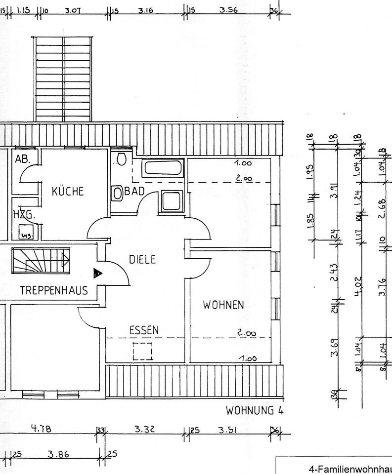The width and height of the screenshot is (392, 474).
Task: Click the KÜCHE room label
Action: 68,191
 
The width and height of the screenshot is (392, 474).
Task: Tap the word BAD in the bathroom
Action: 134,192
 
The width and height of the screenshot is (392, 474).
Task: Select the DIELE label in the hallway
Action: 142,259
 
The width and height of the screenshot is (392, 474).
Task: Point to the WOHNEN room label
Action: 223,305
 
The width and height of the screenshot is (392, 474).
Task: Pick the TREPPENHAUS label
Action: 54,290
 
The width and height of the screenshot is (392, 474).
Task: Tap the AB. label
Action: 23,159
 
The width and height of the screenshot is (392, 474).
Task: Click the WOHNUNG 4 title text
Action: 254,411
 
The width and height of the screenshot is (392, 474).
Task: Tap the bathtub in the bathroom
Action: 163,167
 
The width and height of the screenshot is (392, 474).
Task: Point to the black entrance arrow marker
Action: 97,272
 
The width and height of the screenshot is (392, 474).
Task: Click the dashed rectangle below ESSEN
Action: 142,351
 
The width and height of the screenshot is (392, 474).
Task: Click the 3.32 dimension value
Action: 145,430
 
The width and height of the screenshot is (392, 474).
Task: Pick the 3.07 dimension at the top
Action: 73,10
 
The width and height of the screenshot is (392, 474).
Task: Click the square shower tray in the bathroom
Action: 172,201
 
